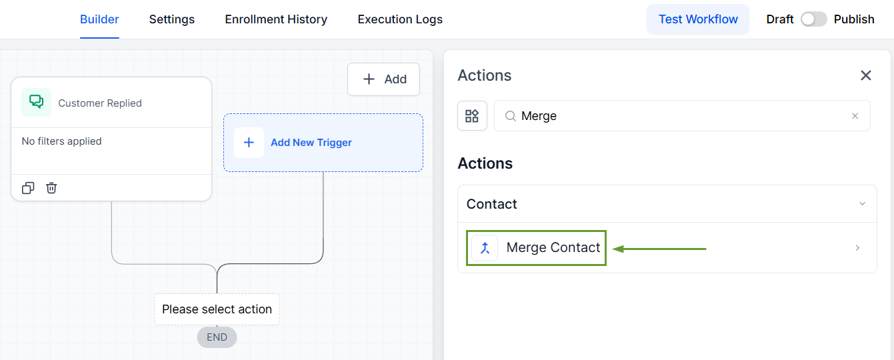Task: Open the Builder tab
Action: (x=99, y=19)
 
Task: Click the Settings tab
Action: (x=171, y=19)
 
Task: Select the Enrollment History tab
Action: (x=276, y=19)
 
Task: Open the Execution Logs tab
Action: (x=400, y=19)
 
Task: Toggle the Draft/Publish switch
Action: (x=813, y=19)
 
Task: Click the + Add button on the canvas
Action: (x=383, y=79)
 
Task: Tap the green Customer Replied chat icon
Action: (x=36, y=102)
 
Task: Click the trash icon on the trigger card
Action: (x=51, y=187)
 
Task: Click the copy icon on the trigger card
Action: (x=28, y=187)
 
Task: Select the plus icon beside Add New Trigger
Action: (x=249, y=143)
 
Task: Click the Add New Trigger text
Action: (x=311, y=143)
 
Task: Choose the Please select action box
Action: (x=217, y=309)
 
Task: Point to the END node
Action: (x=217, y=337)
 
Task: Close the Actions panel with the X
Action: (x=865, y=75)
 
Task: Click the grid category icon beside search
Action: (x=472, y=116)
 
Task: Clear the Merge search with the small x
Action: (x=855, y=116)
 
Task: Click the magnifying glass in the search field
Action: (x=511, y=116)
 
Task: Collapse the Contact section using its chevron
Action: (x=863, y=204)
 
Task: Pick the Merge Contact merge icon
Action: (x=485, y=248)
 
